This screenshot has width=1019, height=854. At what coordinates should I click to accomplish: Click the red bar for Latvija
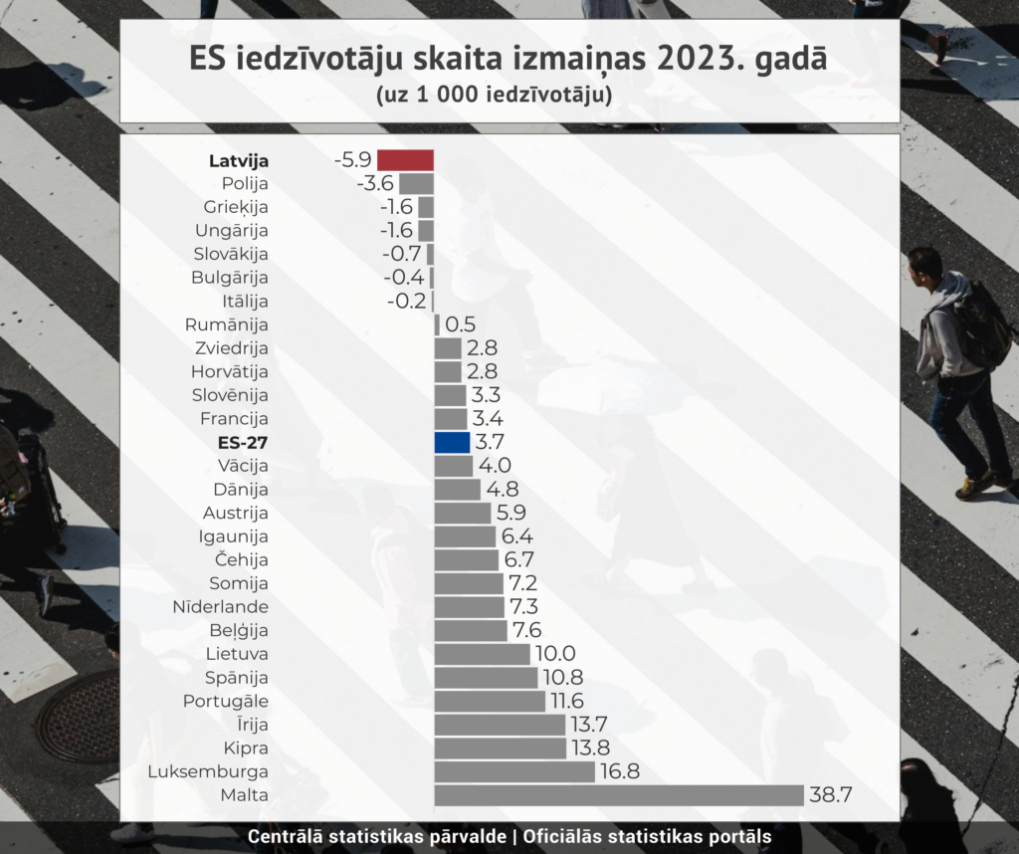[x=405, y=160]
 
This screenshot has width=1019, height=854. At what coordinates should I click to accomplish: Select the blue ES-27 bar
[x=452, y=442]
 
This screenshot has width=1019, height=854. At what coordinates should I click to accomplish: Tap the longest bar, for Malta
[x=618, y=795]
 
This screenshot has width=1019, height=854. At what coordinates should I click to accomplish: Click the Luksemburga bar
[x=514, y=771]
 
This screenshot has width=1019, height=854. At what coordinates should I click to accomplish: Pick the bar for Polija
[x=416, y=184]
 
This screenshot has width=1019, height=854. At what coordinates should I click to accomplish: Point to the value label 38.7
[x=831, y=795]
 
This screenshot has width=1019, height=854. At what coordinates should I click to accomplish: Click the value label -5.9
[x=352, y=160]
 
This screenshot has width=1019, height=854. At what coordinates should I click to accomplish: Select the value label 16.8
[x=619, y=771]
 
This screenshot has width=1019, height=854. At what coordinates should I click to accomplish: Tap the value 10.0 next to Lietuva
[x=555, y=654]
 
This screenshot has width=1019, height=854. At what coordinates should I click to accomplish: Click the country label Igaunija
[x=235, y=536]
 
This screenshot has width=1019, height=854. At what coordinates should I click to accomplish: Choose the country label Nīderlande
[x=220, y=606]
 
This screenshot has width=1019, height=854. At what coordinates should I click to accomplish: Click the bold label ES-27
[x=242, y=442]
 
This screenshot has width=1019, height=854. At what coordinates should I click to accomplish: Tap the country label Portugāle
[x=226, y=701]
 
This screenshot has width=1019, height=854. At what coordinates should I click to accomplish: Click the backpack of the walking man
[x=981, y=324]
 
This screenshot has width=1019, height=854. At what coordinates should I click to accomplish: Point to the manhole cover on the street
[x=80, y=717]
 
